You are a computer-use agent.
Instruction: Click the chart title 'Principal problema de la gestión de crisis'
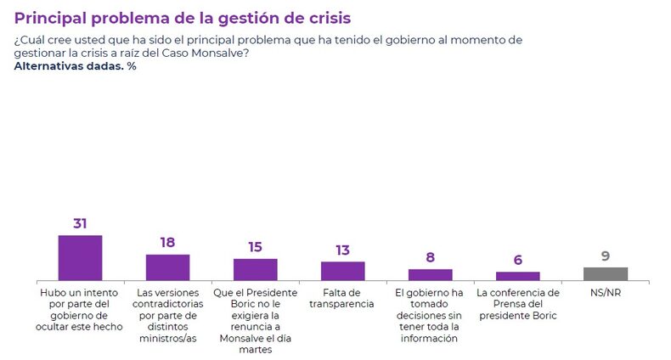(182, 17)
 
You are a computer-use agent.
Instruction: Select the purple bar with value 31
(80, 257)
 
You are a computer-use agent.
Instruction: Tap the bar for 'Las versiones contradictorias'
(167, 267)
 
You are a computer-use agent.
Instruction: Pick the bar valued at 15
(255, 269)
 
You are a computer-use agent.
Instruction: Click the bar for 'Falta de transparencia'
(342, 270)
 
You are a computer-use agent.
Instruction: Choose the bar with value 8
(430, 274)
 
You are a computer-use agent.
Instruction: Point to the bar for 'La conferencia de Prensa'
(517, 275)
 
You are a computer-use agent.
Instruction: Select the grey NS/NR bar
(606, 273)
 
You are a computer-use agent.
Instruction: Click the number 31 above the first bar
(81, 224)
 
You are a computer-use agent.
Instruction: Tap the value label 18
(167, 243)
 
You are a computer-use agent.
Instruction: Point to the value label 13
(342, 250)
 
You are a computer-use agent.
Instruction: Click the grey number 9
(606, 256)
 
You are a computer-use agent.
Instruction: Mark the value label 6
(517, 261)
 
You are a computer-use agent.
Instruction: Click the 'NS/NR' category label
(606, 293)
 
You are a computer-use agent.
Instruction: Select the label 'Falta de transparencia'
(342, 298)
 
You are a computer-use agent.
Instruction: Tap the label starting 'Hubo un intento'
(81, 309)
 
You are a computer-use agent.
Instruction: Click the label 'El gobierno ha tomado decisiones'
(430, 315)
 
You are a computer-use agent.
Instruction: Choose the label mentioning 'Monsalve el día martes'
(255, 320)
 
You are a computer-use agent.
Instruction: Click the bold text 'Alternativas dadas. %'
(76, 66)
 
